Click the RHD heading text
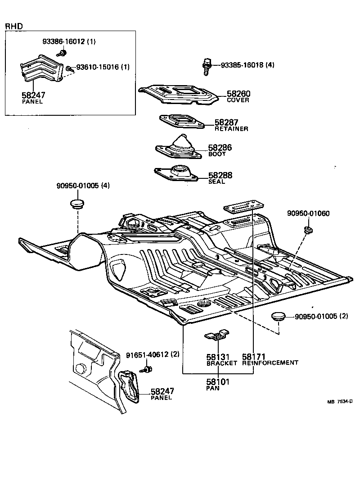[x=13, y=27]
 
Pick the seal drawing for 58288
[x=176, y=173]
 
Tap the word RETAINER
[x=231, y=129]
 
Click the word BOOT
[x=216, y=154]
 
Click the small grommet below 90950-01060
[x=309, y=230]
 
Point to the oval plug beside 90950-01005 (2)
[x=278, y=317]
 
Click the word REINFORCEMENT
[x=270, y=363]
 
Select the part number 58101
[x=218, y=382]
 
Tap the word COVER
[x=238, y=100]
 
